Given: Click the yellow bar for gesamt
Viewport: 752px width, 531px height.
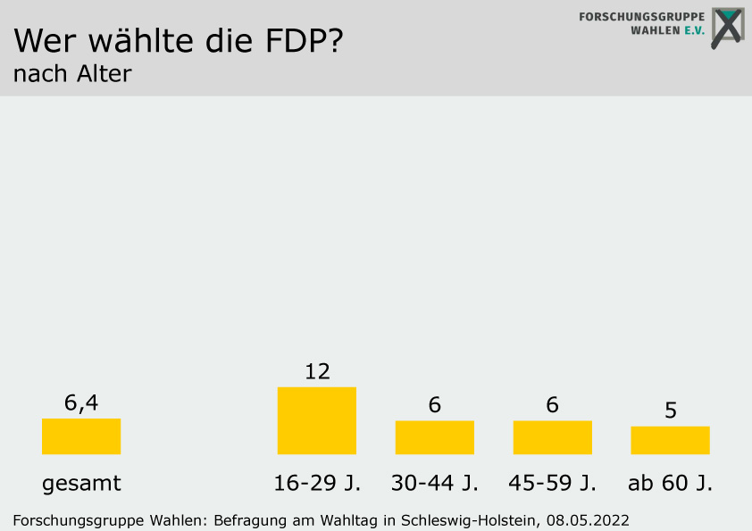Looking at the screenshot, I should [80, 436].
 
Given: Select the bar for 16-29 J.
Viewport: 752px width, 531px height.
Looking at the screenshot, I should [316, 420].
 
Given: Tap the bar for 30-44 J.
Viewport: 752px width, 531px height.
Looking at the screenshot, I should [434, 437].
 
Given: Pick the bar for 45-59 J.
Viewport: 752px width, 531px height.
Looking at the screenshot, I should [552, 437].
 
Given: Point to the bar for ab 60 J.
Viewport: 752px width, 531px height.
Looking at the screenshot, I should [670, 440].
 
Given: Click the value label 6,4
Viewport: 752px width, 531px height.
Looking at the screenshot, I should [80, 403].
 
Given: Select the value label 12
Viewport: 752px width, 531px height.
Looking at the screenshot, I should [317, 371].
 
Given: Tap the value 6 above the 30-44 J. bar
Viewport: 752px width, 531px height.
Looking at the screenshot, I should [434, 405].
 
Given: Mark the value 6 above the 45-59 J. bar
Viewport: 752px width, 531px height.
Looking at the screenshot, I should [552, 405].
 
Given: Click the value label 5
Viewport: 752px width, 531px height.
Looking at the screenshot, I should [670, 411].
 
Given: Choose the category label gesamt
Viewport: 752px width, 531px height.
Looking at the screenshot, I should [81, 484].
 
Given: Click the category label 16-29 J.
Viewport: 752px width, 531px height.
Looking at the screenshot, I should [317, 484].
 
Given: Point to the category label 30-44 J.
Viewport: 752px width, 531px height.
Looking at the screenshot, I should [435, 484].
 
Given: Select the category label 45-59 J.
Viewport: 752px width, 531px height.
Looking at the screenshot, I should [553, 484].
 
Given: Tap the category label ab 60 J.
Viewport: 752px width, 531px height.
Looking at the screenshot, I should [670, 484].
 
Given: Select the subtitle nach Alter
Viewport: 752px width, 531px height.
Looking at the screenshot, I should [72, 74].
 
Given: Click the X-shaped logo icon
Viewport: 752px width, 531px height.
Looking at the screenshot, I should [727, 28].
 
